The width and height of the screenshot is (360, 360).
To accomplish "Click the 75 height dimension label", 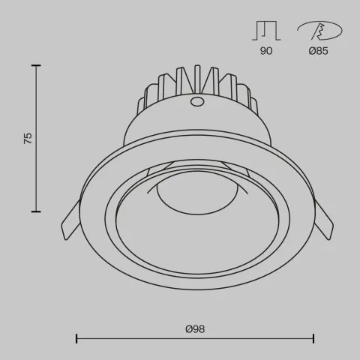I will tap(28, 138).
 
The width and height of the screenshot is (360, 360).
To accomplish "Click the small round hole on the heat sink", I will tap(197, 100).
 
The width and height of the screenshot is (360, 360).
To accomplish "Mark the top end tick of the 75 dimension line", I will tap(36, 66).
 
